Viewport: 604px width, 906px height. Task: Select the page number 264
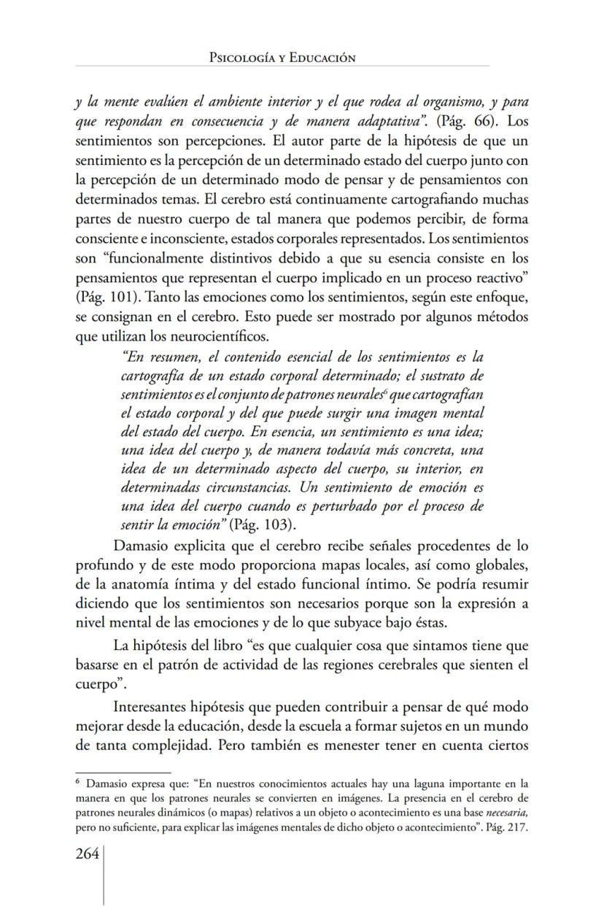[x=88, y=854]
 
